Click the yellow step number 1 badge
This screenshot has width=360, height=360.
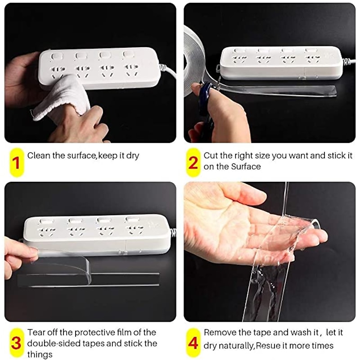(17, 162)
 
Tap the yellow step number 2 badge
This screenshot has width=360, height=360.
(193, 162)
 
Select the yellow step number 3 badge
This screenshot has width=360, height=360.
(17, 343)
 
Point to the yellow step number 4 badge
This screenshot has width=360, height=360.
(193, 343)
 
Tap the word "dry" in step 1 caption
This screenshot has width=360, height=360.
(133, 156)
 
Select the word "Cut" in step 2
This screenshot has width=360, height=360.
(211, 155)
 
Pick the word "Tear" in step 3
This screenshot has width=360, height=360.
(36, 332)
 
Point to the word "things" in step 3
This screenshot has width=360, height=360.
(40, 355)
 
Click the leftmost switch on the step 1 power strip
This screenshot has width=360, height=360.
(56, 57)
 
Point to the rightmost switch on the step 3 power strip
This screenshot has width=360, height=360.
(130, 220)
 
